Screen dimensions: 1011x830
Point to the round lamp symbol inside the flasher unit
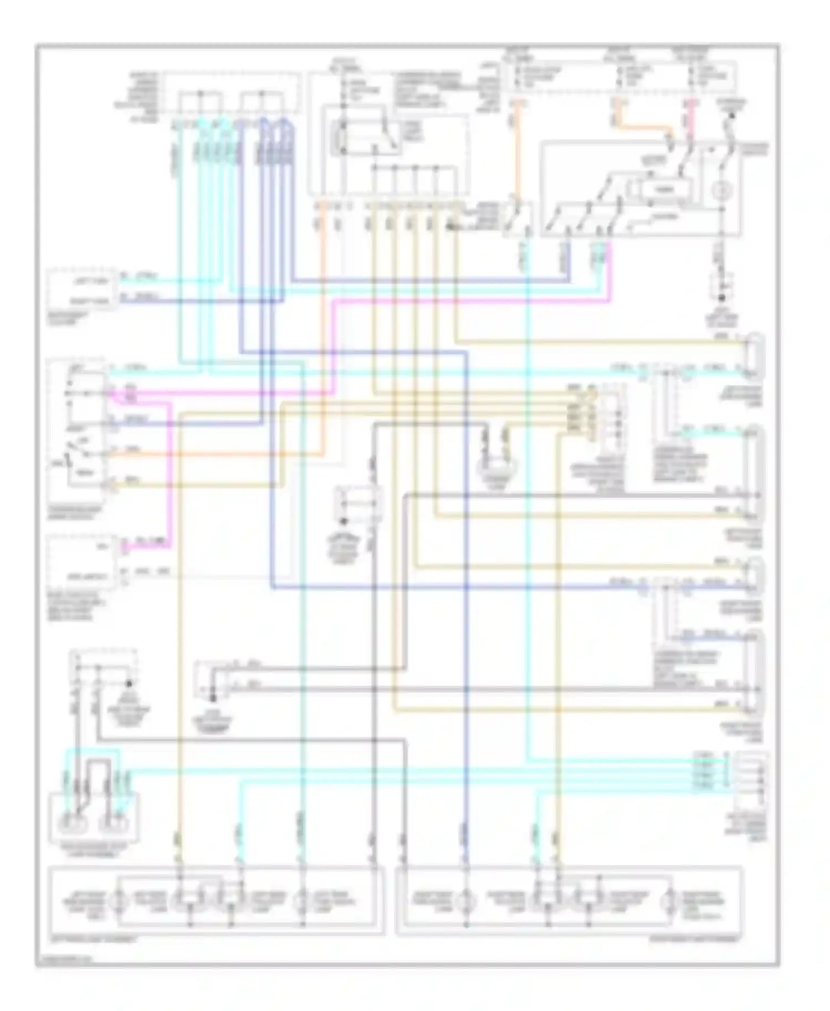click(722, 191)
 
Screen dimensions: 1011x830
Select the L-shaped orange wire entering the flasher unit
click(642, 124)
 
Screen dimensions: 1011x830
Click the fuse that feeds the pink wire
click(691, 77)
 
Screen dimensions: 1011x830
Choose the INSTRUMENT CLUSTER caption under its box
click(72, 317)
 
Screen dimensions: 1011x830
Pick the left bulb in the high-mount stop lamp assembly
click(72, 822)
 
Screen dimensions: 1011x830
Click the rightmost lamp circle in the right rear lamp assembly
click(670, 901)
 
